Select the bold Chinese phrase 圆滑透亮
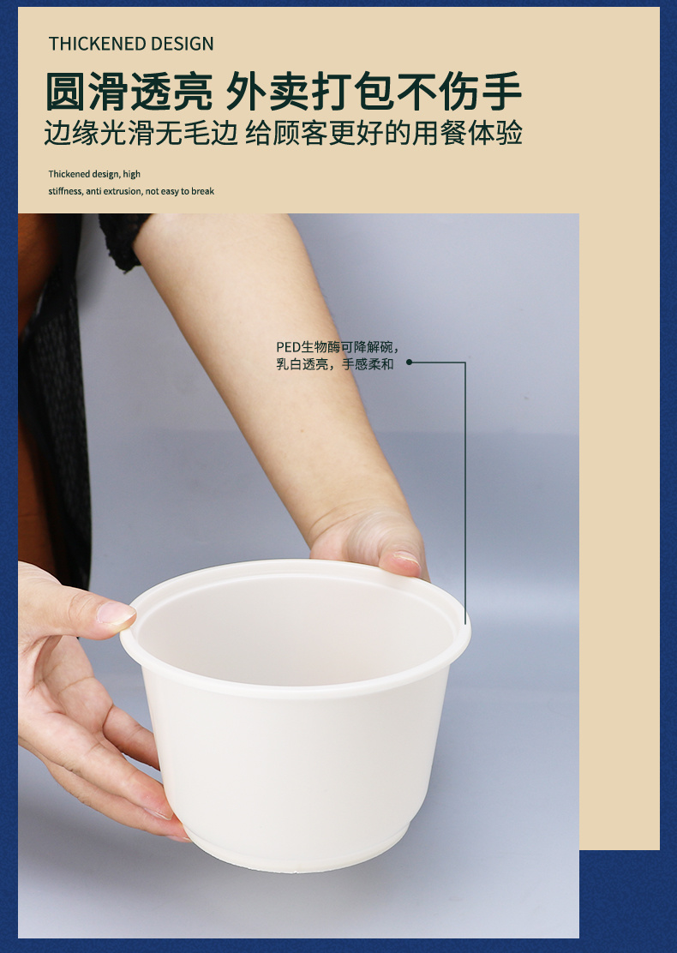(129, 92)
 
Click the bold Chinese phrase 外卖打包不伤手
(374, 92)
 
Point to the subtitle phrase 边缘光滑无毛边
(141, 133)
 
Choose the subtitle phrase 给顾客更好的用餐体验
(383, 133)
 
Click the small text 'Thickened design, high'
(94, 175)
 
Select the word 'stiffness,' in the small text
(66, 191)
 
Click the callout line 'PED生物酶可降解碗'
(338, 347)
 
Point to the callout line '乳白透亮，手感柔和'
(335, 364)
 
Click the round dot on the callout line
(409, 363)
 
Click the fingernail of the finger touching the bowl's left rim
(116, 614)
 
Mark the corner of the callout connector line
(465, 363)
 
